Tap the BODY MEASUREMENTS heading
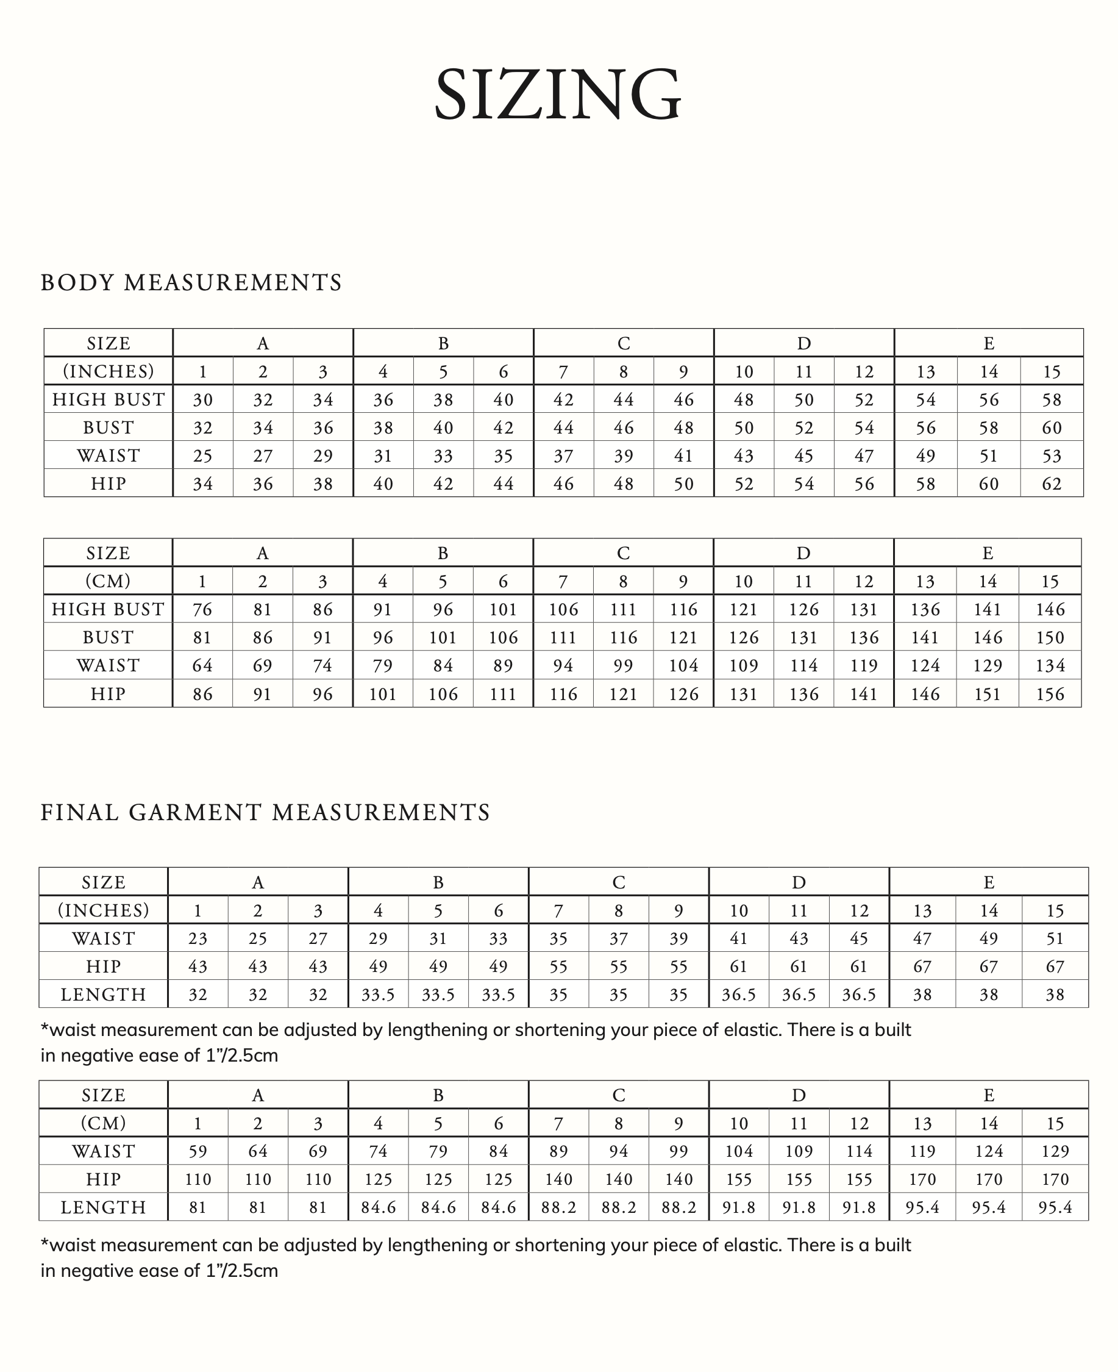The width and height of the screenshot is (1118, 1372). (191, 283)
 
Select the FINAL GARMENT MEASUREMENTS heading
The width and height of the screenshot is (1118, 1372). (265, 813)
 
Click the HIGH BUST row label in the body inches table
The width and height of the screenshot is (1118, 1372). (108, 399)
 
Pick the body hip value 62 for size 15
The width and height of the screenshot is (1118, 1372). (1051, 484)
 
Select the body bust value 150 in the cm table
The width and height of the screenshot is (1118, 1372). (1050, 638)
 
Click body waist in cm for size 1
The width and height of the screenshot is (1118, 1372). (202, 665)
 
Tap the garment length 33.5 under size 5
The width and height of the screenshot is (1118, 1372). (438, 995)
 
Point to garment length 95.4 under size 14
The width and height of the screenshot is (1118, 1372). (989, 1207)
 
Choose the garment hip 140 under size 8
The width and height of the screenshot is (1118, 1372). (618, 1179)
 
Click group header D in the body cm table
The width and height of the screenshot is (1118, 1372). (803, 553)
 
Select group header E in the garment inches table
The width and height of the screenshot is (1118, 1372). (989, 882)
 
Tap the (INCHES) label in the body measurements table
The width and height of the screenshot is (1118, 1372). (108, 372)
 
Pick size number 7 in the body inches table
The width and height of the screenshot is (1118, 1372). (563, 372)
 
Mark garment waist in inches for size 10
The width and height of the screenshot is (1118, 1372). (738, 938)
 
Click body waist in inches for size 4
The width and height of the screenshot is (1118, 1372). (383, 456)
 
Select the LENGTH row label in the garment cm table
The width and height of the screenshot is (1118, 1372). (103, 1207)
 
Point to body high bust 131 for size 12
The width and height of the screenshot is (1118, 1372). (864, 609)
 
